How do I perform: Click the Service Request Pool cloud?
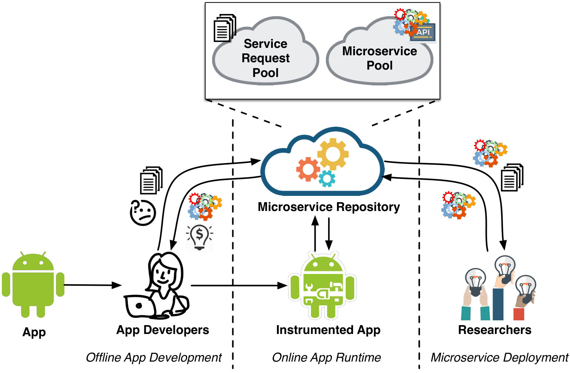(x=265, y=51)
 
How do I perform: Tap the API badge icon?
(x=423, y=32)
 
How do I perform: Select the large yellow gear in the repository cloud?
(x=333, y=154)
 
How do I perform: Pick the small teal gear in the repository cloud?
(x=327, y=179)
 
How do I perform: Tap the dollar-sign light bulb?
(x=200, y=237)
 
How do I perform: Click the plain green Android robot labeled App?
(x=33, y=285)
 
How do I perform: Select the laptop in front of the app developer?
(x=139, y=306)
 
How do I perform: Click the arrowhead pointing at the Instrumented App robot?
(x=282, y=285)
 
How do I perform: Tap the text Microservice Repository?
(x=329, y=207)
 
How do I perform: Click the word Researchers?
(x=495, y=330)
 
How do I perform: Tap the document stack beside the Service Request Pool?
(x=225, y=28)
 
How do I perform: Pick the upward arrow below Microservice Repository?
(x=315, y=233)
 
